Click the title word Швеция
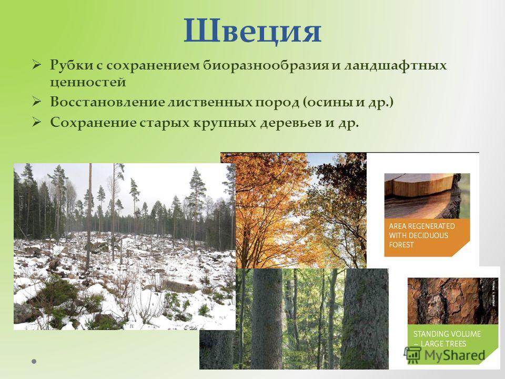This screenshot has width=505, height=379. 252,32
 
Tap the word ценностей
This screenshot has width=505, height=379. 88,83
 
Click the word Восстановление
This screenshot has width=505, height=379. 107,102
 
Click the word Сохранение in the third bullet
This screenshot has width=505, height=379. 93,123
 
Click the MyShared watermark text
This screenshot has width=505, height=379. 454,355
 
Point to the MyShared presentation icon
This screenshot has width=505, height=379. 413,355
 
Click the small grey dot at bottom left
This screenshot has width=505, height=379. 34,361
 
